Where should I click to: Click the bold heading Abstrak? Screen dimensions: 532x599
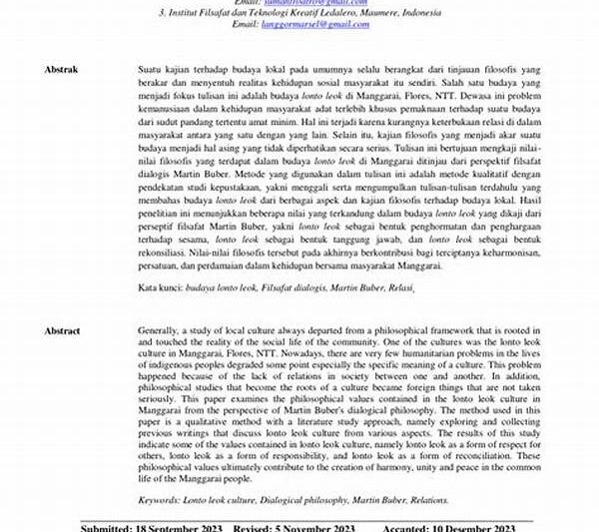tap(62, 71)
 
